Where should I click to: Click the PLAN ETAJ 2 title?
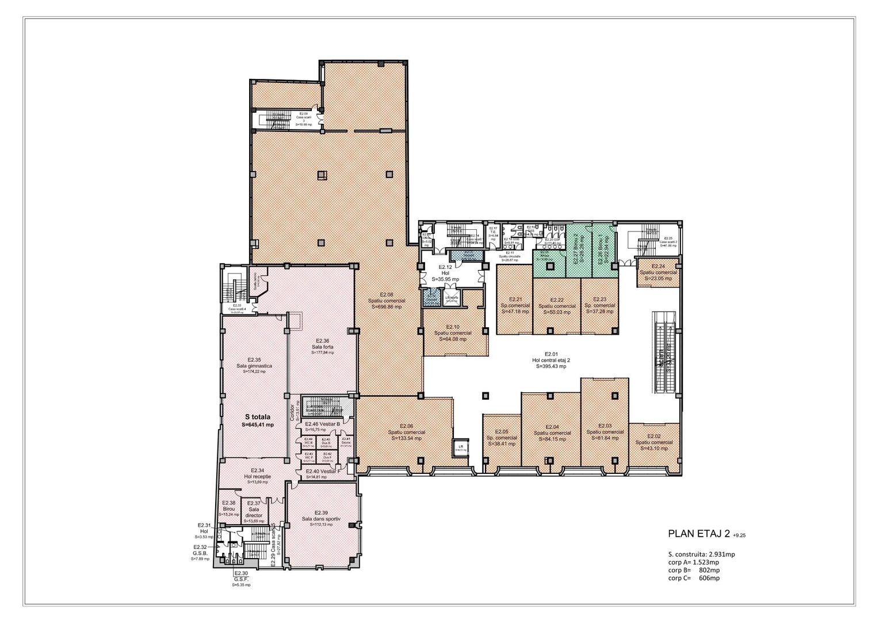[x=698, y=534]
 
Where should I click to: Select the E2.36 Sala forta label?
[x=322, y=346]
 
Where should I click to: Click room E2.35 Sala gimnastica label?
[x=254, y=365]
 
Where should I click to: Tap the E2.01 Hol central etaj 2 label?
[x=551, y=360]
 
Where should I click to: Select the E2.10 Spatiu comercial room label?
[x=453, y=333]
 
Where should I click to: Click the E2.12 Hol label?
[x=445, y=273]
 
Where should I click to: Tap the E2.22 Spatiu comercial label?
[x=557, y=306]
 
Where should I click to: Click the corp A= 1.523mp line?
[x=693, y=562]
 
